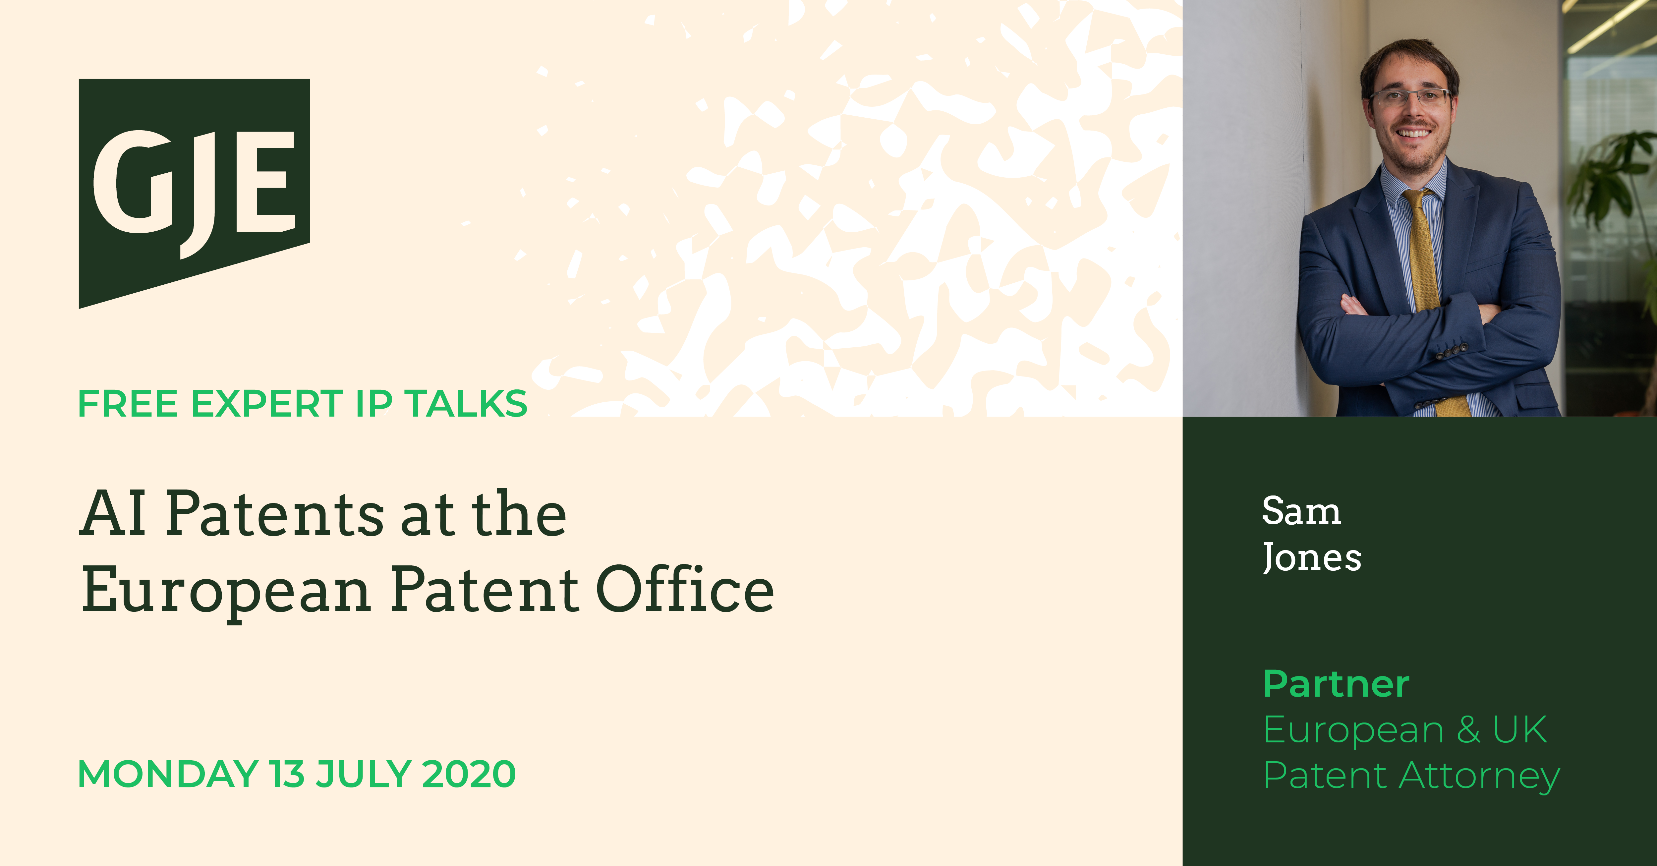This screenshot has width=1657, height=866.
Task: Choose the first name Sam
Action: coord(1301,511)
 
